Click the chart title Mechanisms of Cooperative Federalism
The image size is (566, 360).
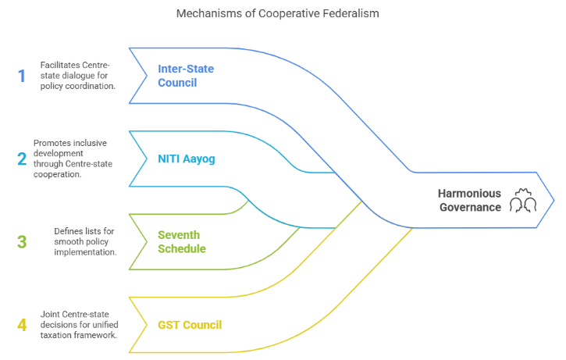(x=283, y=13)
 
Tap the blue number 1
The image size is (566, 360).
(x=21, y=75)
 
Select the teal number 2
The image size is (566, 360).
(x=22, y=159)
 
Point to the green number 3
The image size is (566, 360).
(x=22, y=242)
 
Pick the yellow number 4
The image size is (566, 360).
(x=22, y=324)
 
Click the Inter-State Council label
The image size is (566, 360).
(x=186, y=76)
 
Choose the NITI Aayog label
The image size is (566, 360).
(x=186, y=159)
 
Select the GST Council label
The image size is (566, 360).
(x=190, y=325)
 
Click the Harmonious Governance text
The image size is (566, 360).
(x=468, y=200)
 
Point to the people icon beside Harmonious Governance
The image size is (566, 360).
(x=522, y=200)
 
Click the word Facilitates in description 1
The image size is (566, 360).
(x=60, y=64)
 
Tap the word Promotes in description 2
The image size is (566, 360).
(x=52, y=143)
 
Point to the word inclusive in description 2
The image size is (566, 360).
(x=91, y=143)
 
